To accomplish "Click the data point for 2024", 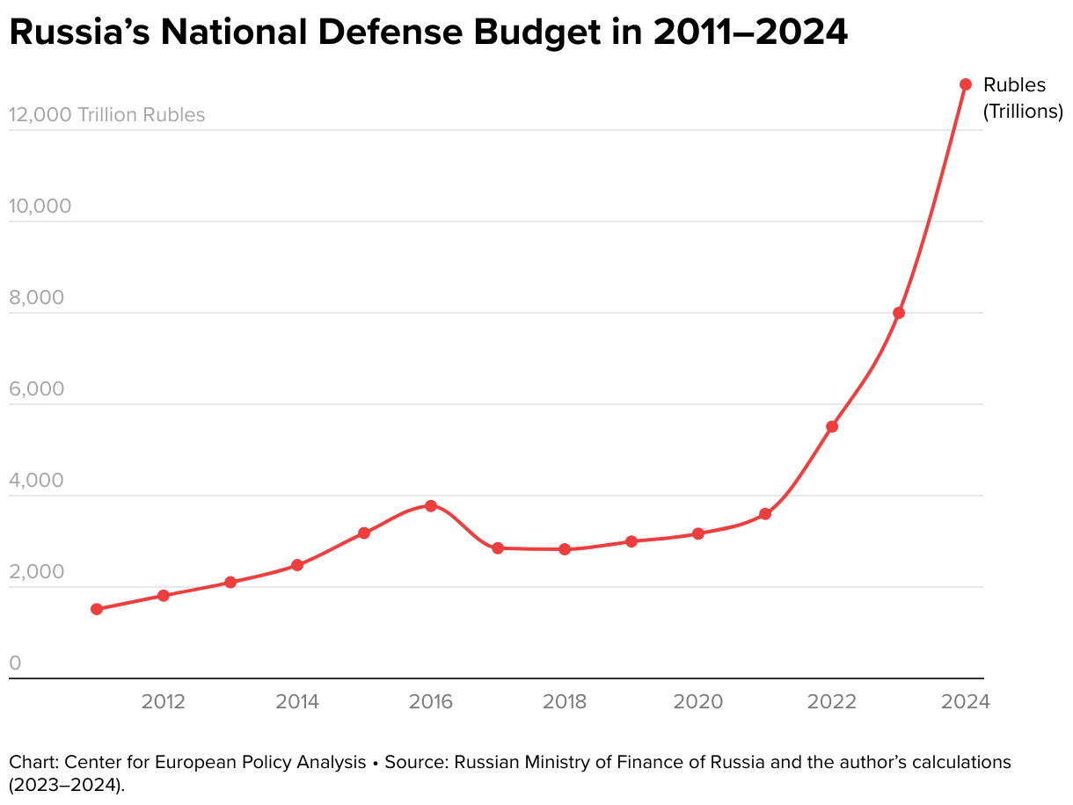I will pyautogui.click(x=965, y=84).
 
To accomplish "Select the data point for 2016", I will pyautogui.click(x=431, y=506).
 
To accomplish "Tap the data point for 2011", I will pyautogui.click(x=97, y=609).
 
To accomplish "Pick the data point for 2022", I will pyautogui.click(x=832, y=427).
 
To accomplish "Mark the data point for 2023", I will pyautogui.click(x=899, y=313).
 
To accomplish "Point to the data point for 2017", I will pyautogui.click(x=498, y=548).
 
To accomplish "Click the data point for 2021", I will pyautogui.click(x=765, y=514).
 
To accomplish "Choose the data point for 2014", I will pyautogui.click(x=297, y=565).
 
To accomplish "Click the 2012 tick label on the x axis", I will pyautogui.click(x=163, y=701).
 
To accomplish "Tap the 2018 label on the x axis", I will pyautogui.click(x=564, y=701).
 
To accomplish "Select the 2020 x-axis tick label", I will pyautogui.click(x=697, y=701).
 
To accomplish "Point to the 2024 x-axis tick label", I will pyautogui.click(x=965, y=701).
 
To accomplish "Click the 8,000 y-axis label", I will pyautogui.click(x=36, y=298).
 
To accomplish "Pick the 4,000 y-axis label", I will pyautogui.click(x=36, y=481).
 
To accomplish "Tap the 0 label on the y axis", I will pyautogui.click(x=15, y=664).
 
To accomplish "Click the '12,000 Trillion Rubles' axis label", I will pyautogui.click(x=106, y=115).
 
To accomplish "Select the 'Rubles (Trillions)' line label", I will pyautogui.click(x=1022, y=98).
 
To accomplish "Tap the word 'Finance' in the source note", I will pyautogui.click(x=671, y=762).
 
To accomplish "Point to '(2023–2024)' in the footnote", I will pyautogui.click(x=67, y=784).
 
